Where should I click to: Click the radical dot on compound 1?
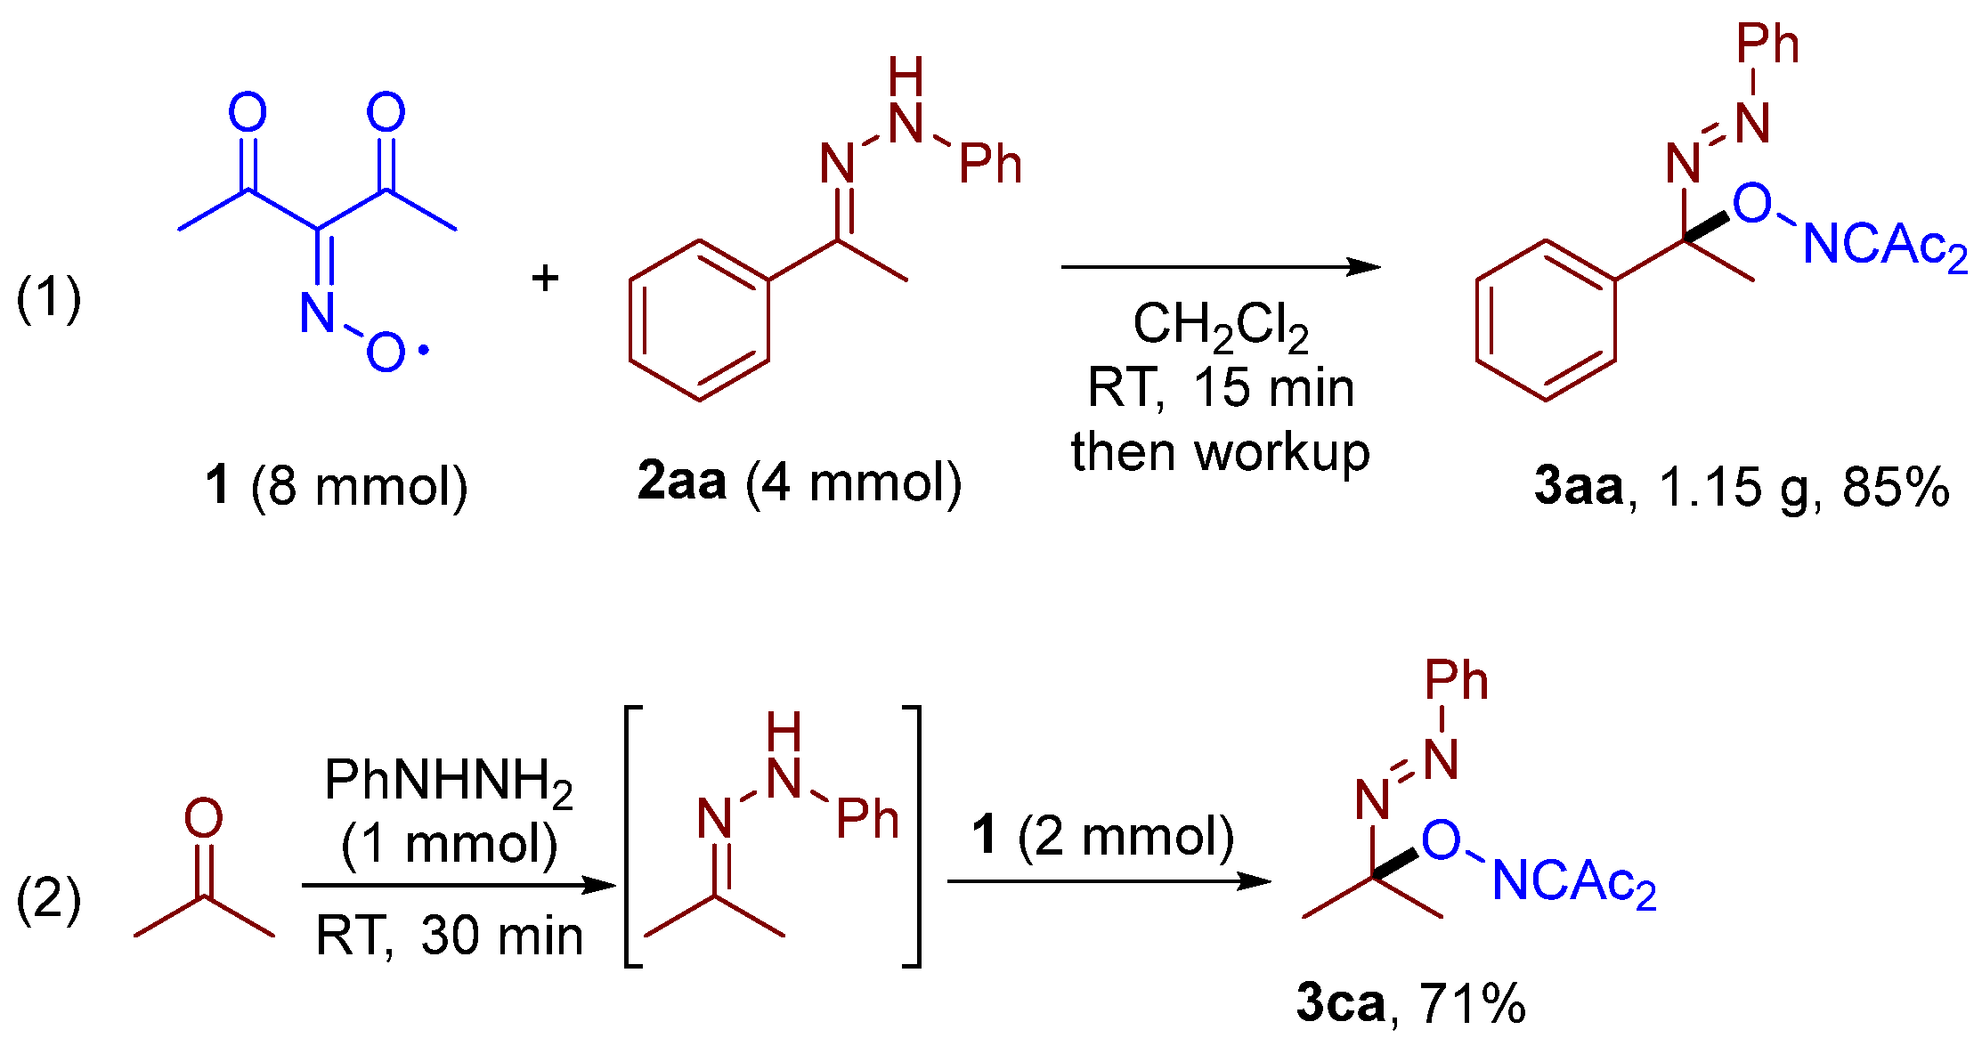pyautogui.click(x=423, y=351)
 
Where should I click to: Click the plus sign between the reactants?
pyautogui.click(x=545, y=279)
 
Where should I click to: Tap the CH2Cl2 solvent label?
pyautogui.click(x=1220, y=326)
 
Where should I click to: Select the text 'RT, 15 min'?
pyautogui.click(x=1220, y=388)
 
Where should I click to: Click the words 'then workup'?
pyautogui.click(x=1220, y=452)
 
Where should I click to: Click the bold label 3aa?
pyautogui.click(x=1578, y=486)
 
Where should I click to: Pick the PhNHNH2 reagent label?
pyautogui.click(x=448, y=781)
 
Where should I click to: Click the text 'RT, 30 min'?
pyautogui.click(x=449, y=936)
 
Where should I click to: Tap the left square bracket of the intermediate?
pyautogui.click(x=633, y=836)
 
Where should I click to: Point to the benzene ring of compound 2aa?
pyautogui.click(x=699, y=320)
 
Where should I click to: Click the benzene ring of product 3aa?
pyautogui.click(x=1546, y=320)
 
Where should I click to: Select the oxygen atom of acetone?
pyautogui.click(x=203, y=817)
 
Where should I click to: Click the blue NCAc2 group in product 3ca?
pyautogui.click(x=1574, y=882)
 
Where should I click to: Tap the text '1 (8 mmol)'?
pyautogui.click(x=336, y=486)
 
